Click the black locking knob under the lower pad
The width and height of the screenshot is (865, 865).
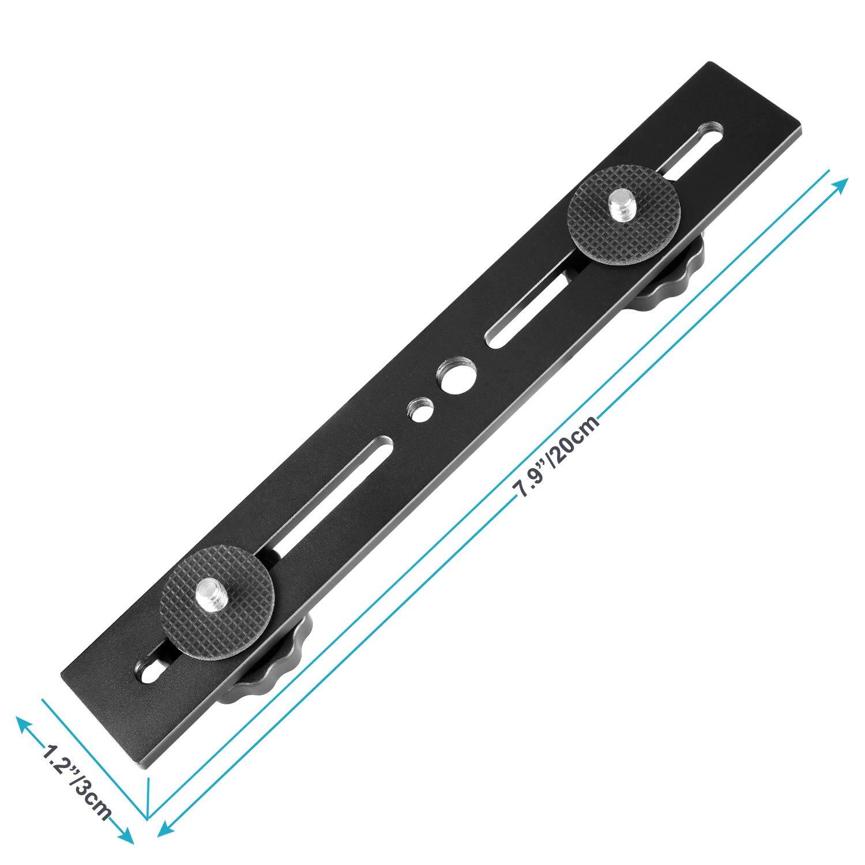pos(271,669)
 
